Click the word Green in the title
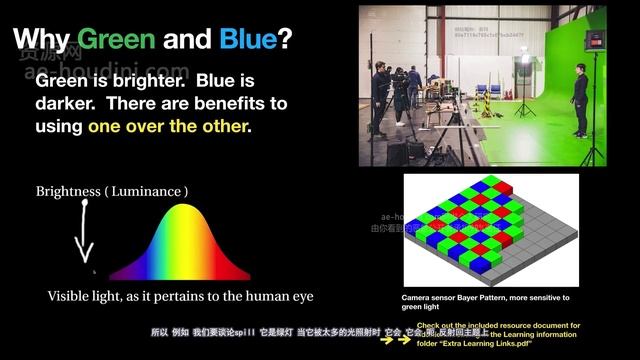tap(116, 39)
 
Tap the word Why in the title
tap(39, 39)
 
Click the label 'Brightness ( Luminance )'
tap(112, 191)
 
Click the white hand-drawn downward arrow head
tap(85, 257)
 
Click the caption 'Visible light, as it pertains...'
tap(180, 296)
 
